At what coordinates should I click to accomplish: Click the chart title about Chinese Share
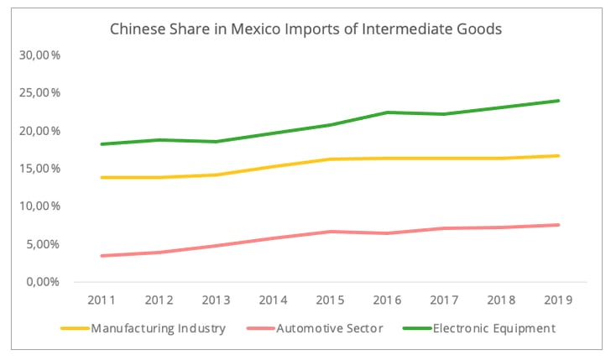coord(306,29)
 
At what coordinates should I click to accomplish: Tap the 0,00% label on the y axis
coord(44,282)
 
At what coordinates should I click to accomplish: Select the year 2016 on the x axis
coord(387,300)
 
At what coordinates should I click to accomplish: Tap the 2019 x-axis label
coord(558,300)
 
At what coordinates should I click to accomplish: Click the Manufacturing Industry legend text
coord(158,328)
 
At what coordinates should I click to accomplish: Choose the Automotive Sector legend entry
coord(330,328)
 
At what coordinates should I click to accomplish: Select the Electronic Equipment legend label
coord(493,328)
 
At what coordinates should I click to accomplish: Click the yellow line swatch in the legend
coord(76,328)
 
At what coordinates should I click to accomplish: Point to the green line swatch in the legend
coord(416,328)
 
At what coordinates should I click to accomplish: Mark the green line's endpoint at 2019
coord(559,101)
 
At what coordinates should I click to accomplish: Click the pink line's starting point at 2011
coord(102,256)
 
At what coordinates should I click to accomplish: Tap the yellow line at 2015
coord(330,159)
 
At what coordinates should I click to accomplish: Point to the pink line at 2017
coord(444,228)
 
